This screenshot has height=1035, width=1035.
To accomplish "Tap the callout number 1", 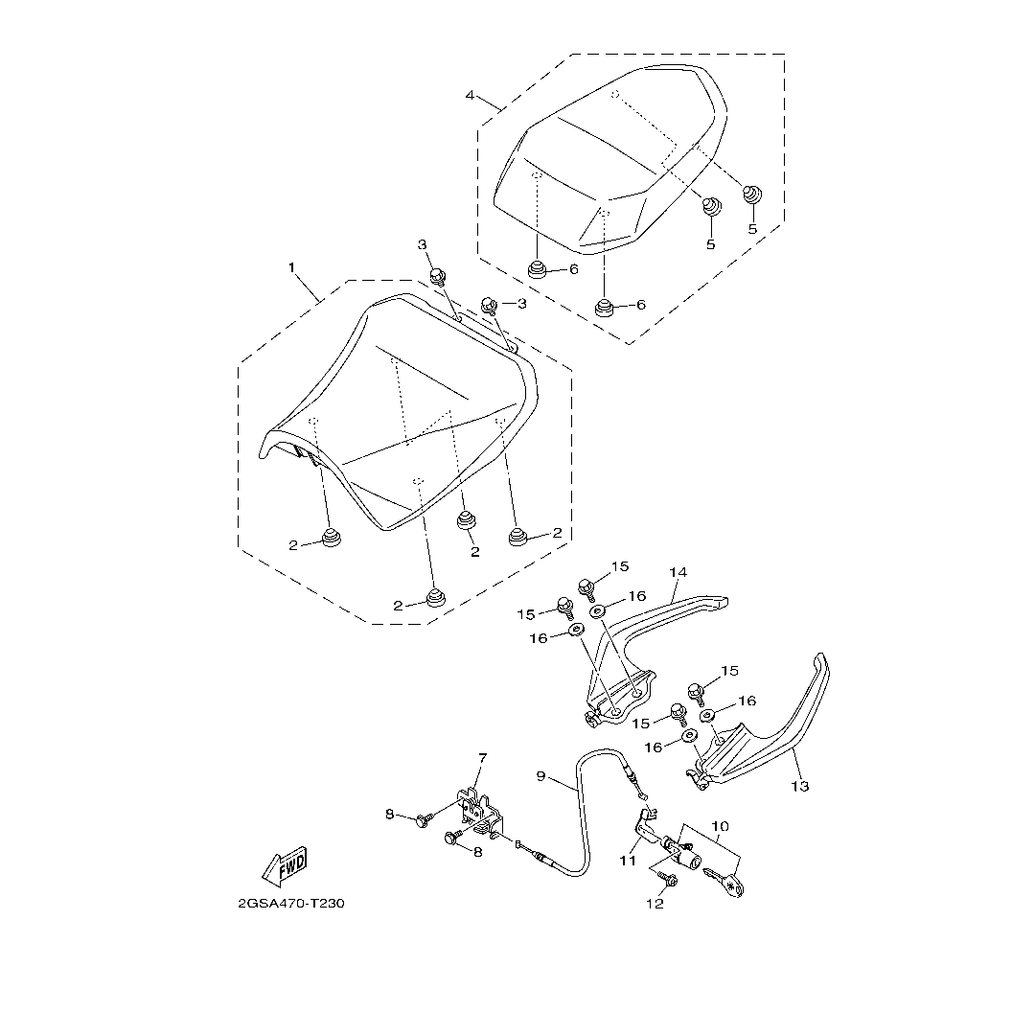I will point(292,267).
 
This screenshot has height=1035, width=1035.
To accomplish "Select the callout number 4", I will point(470,95).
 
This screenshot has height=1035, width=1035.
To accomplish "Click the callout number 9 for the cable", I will point(540,775).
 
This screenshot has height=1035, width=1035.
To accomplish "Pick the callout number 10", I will point(720,824).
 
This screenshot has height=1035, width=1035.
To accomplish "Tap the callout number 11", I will point(628,861).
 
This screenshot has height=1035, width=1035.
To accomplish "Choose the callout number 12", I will point(655,904).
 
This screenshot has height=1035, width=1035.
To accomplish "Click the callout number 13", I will point(800,786).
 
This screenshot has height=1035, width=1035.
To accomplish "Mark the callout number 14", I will point(678,573).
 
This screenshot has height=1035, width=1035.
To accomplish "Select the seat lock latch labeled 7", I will point(479,812).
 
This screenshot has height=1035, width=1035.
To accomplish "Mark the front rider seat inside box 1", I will point(402,412).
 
